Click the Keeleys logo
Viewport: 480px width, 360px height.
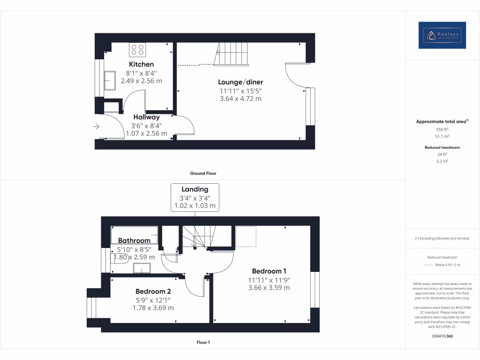pyautogui.click(x=442, y=35)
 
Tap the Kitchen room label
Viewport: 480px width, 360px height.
pyautogui.click(x=141, y=64)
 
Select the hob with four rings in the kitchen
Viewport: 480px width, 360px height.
pyautogui.click(x=137, y=50)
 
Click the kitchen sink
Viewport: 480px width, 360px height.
pyautogui.click(x=111, y=80)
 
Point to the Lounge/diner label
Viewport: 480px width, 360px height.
pyautogui.click(x=241, y=82)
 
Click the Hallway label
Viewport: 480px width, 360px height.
pyautogui.click(x=146, y=117)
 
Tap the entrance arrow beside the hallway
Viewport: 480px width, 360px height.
pyautogui.click(x=97, y=127)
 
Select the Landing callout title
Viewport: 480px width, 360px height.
pyautogui.click(x=195, y=189)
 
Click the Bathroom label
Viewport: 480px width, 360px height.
pyautogui.click(x=134, y=241)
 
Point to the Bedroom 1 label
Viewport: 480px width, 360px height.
pyautogui.click(x=269, y=271)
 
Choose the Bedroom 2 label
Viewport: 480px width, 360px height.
pyautogui.click(x=153, y=292)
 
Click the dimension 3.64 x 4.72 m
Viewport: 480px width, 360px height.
pyautogui.click(x=240, y=98)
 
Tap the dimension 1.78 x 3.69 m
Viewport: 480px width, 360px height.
pyautogui.click(x=153, y=308)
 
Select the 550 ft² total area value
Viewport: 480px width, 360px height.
pyautogui.click(x=442, y=129)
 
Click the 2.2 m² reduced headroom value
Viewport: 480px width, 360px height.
pyautogui.click(x=442, y=161)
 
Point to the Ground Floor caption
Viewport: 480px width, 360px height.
pyautogui.click(x=203, y=173)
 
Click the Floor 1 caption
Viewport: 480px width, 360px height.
pyautogui.click(x=203, y=343)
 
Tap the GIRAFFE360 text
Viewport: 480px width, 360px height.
pyautogui.click(x=442, y=336)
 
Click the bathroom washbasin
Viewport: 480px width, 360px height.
pyautogui.click(x=142, y=268)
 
